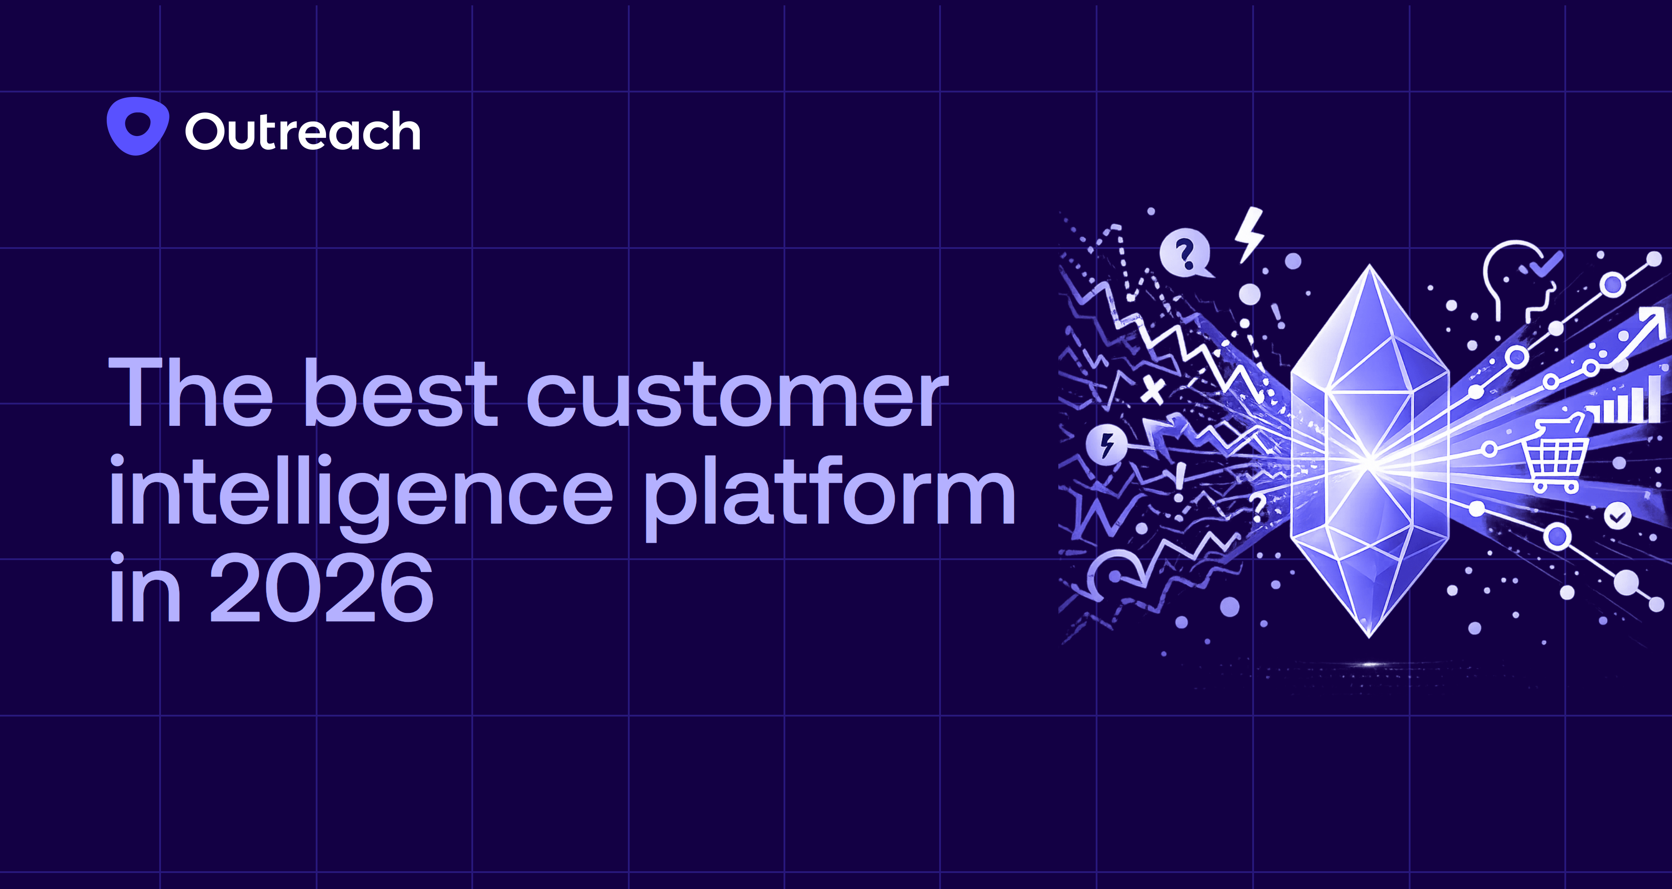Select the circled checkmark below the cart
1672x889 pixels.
[x=1617, y=516]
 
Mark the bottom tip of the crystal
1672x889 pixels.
[x=1370, y=637]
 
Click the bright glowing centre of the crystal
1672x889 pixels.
[x=1370, y=461]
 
